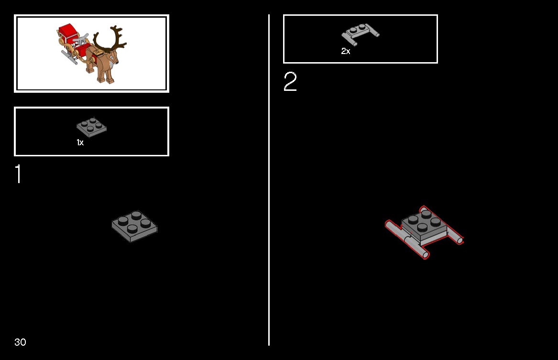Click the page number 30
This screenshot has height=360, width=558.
tap(20, 342)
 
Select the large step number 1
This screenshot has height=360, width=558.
tap(18, 174)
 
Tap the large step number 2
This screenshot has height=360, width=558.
tap(290, 81)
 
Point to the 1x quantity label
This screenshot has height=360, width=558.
tap(80, 142)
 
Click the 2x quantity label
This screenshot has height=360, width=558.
tap(346, 51)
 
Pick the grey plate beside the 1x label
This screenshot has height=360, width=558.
tap(91, 127)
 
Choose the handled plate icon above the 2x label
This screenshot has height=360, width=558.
tap(360, 34)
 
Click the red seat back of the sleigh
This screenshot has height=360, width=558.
tap(67, 31)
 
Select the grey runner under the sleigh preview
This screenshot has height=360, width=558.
tap(69, 58)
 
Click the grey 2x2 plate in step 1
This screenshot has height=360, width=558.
tap(134, 226)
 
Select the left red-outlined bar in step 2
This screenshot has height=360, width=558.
tap(407, 240)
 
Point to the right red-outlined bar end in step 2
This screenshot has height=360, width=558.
tap(460, 241)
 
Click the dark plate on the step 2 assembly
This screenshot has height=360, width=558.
tap(424, 225)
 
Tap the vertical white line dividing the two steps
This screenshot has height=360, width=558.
tap(269, 180)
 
